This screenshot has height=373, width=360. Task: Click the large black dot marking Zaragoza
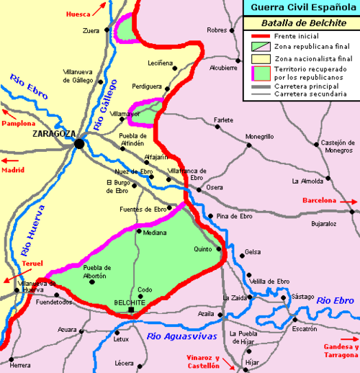pos(78,144)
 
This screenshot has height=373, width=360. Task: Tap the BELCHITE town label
pos(130,303)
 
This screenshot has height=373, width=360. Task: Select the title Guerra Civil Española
pos(300,9)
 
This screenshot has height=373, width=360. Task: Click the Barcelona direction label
pos(320,200)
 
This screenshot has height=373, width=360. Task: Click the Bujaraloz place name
pos(325,224)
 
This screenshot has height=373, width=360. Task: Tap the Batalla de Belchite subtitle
pos(300,23)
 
